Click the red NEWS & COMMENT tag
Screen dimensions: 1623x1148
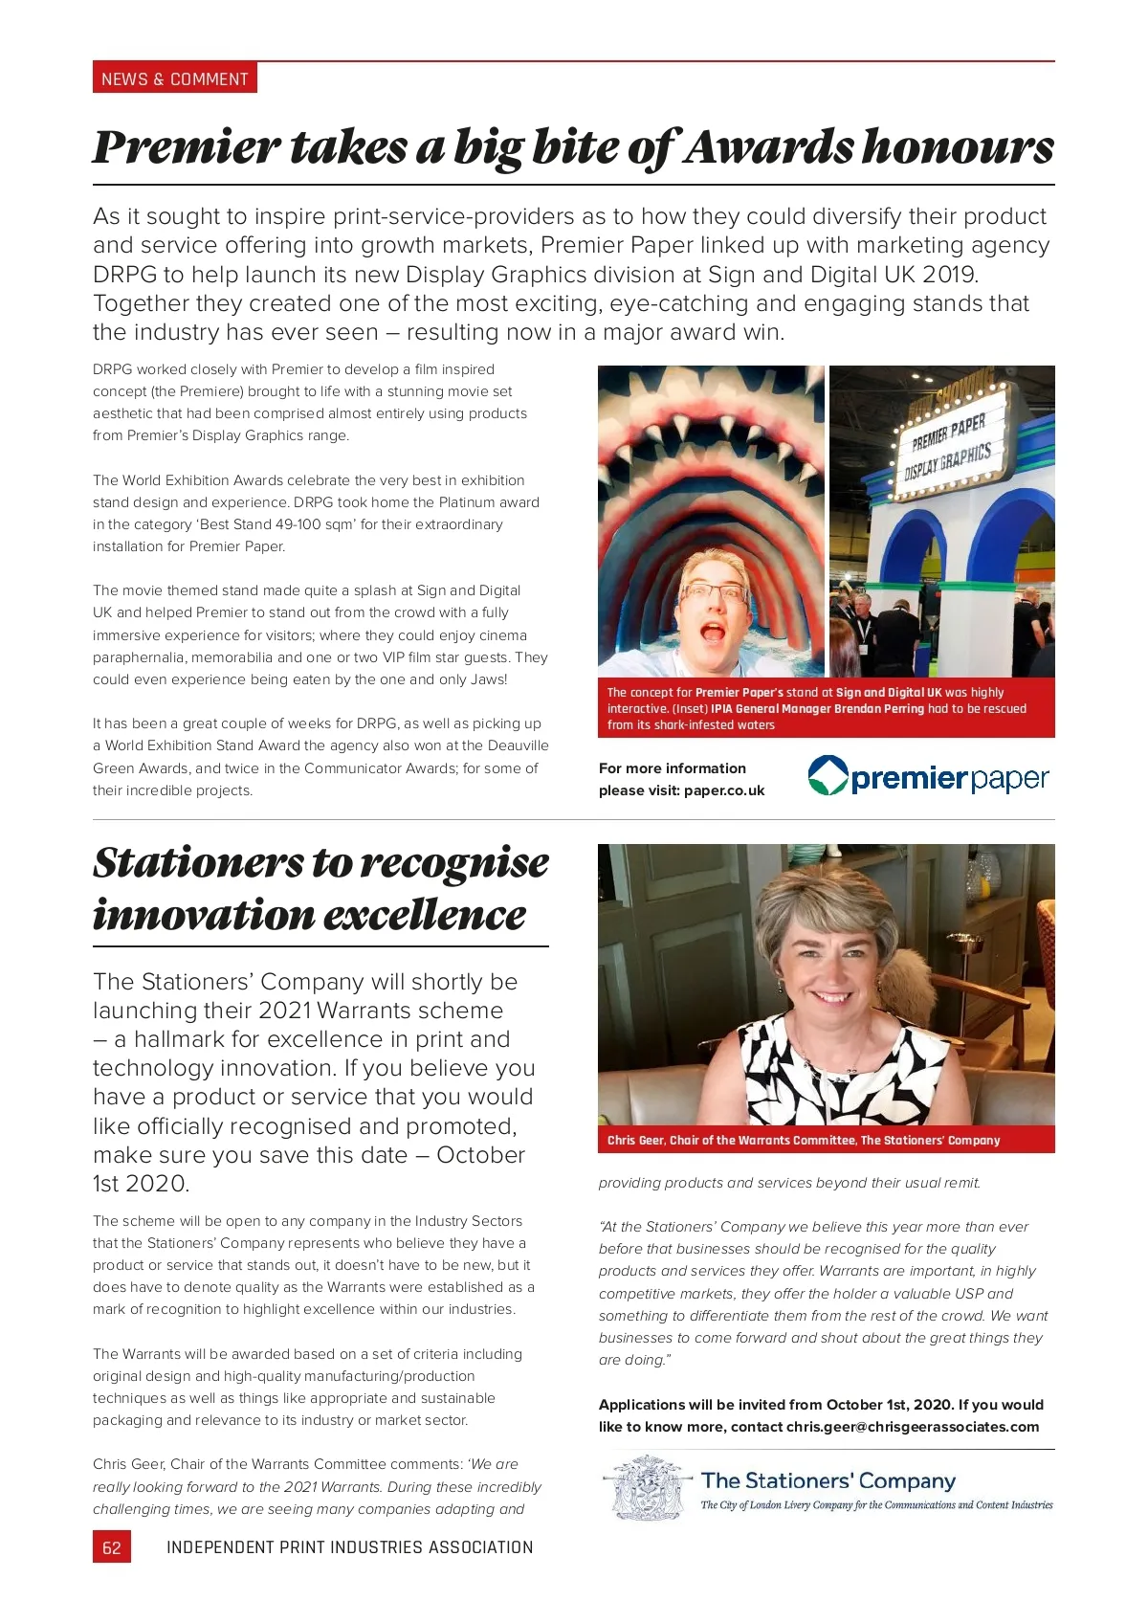pos(175,78)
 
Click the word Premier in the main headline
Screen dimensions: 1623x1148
pos(187,147)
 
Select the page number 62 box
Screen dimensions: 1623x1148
pos(112,1547)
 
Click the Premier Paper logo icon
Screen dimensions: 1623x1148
pos(828,776)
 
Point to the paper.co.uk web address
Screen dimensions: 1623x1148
pos(724,790)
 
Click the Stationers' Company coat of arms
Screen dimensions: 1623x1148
pos(648,1489)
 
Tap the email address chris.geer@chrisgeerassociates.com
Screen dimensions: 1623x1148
pos(913,1427)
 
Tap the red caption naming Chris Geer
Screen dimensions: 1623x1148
pos(804,1140)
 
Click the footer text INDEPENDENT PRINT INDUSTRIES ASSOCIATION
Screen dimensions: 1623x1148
pos(350,1547)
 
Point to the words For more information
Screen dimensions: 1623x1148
pos(673,768)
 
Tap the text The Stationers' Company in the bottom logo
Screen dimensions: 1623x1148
pos(828,1481)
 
